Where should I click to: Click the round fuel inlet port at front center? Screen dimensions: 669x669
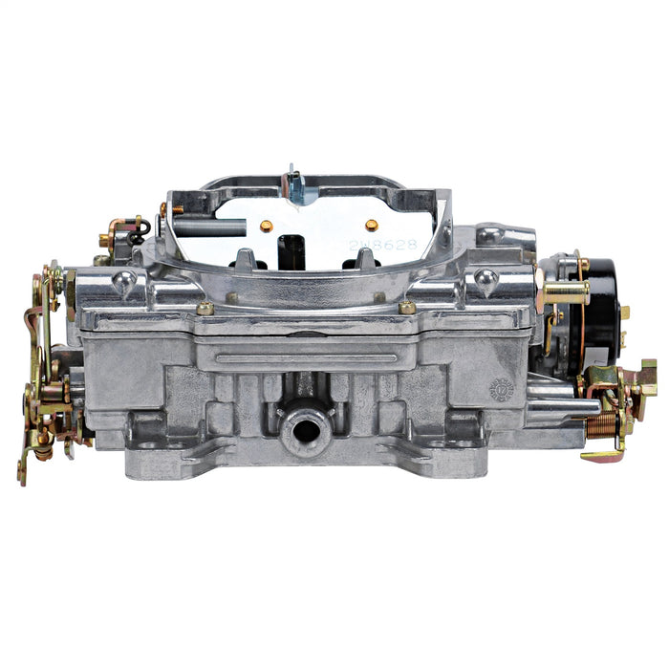[x=306, y=429]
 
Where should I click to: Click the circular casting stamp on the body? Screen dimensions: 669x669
[x=501, y=389]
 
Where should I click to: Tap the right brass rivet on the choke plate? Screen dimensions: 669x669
[x=372, y=225]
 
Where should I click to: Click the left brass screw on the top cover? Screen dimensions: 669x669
[x=204, y=309]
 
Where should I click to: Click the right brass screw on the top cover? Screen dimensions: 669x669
[x=408, y=308]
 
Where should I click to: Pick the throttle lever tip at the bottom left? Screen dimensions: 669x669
[x=22, y=473]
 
